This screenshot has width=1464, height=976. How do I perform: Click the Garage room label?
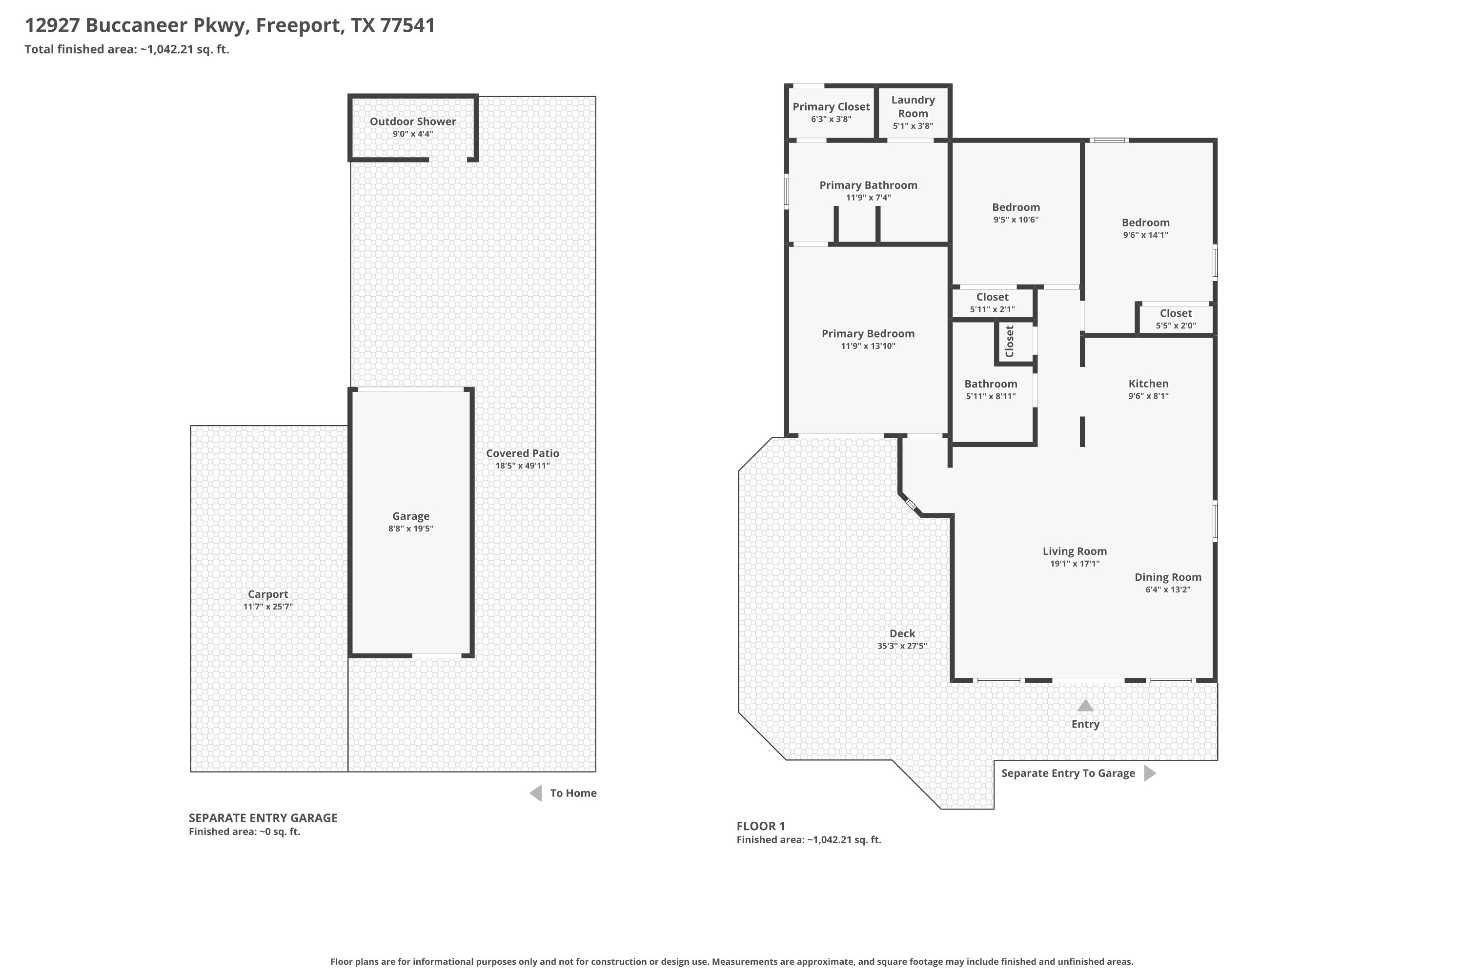click(411, 516)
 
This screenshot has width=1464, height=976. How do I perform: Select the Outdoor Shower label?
click(413, 122)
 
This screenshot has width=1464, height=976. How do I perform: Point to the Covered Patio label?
click(522, 453)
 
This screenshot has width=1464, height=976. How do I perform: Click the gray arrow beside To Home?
click(535, 793)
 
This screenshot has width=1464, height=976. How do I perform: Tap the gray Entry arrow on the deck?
click(1085, 705)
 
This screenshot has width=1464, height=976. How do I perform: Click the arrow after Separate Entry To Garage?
click(1150, 773)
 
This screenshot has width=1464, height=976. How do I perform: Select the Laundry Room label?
click(913, 106)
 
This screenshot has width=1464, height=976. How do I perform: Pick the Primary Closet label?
click(831, 106)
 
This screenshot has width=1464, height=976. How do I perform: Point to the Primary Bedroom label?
click(868, 334)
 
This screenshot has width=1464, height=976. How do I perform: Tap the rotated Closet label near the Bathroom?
click(1009, 341)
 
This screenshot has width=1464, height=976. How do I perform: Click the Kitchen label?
click(1148, 384)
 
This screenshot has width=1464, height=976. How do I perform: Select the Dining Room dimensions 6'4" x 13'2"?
click(1168, 590)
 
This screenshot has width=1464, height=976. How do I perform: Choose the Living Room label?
click(1075, 551)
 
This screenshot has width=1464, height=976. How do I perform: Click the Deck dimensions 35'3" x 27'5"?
click(902, 646)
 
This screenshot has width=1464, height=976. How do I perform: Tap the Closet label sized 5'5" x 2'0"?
click(1176, 313)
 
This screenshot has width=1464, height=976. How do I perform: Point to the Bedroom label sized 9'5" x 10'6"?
click(1016, 207)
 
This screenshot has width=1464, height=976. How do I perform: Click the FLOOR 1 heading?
click(761, 826)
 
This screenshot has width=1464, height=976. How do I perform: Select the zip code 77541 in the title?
click(407, 25)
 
